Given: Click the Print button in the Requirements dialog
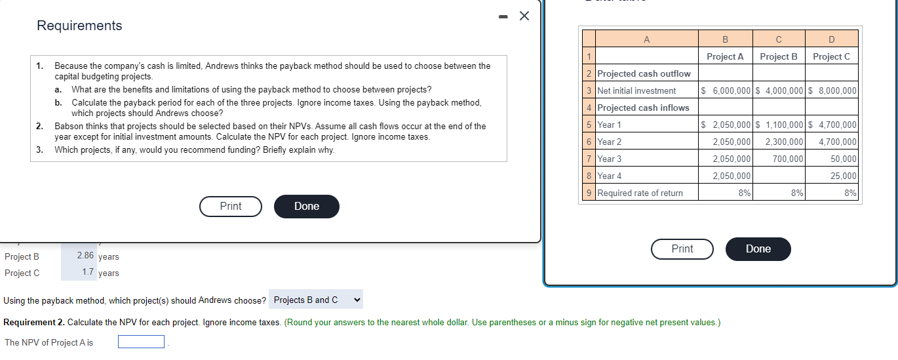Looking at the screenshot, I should pos(231,206).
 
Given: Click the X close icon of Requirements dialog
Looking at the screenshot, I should pos(524,16).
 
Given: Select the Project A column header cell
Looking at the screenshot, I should pos(725,56).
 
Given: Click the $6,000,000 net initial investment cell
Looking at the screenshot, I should pos(726,90).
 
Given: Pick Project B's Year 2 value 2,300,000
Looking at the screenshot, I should pos(783,142).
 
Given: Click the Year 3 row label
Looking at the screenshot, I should pos(610,159).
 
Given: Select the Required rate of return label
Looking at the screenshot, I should pos(640,193).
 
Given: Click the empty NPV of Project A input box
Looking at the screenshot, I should pos(141,342).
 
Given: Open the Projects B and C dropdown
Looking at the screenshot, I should pos(316,300).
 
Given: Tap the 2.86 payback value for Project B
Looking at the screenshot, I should pos(85,256).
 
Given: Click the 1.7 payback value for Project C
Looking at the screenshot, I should pos(88,272).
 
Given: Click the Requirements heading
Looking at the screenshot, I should pos(79,26).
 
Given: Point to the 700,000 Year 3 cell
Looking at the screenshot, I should pos(787,159).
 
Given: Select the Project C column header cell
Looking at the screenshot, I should pos(831,56).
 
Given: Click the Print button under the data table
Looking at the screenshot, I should pos(682,249).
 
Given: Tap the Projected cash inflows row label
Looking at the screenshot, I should pos(643,108).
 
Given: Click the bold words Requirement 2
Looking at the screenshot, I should pos(34,322).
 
